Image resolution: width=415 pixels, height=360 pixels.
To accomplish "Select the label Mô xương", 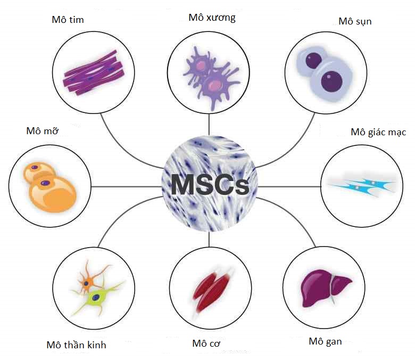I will click(x=212, y=18).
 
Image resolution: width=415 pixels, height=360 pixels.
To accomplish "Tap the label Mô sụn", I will click(x=355, y=21).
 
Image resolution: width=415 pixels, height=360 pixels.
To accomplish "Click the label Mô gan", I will click(x=325, y=341).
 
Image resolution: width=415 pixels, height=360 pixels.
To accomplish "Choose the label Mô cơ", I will click(x=206, y=343).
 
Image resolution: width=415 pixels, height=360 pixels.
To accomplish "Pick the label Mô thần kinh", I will click(x=76, y=345).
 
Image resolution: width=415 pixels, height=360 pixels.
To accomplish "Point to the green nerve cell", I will click(x=98, y=296).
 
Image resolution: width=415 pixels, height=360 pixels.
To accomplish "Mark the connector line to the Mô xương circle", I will click(x=209, y=122).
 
